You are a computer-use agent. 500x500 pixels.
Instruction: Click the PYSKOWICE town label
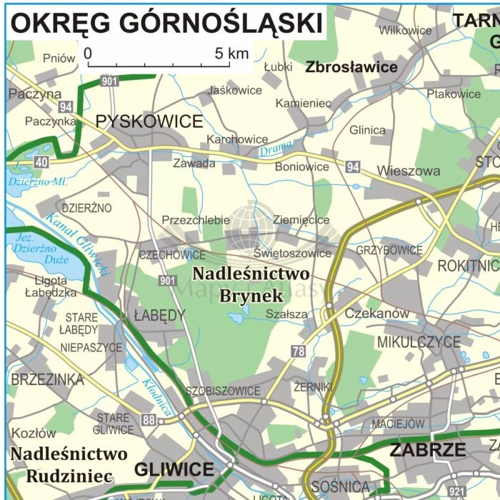click(x=149, y=121)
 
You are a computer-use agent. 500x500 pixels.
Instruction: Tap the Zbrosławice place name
click(x=351, y=68)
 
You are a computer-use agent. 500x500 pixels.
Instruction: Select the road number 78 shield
click(x=299, y=351)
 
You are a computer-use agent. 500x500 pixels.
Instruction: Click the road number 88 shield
click(x=148, y=419)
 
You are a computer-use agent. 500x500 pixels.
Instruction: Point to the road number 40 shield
click(x=41, y=162)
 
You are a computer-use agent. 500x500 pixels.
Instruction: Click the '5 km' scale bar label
click(x=231, y=54)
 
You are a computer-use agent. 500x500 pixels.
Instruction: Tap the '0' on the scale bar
click(x=88, y=54)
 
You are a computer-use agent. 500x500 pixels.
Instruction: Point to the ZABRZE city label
click(x=428, y=451)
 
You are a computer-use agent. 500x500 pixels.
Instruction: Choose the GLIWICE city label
click(x=174, y=470)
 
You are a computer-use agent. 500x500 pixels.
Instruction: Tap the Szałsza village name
click(x=286, y=314)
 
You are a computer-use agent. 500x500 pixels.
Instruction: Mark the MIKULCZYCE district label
click(x=419, y=342)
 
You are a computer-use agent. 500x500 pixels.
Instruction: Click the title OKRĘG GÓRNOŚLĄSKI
click(x=166, y=23)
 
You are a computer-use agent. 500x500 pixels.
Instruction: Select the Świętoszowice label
click(x=293, y=253)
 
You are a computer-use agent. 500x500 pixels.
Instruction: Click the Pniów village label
click(x=59, y=59)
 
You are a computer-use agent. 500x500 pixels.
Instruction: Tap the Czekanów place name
click(x=377, y=313)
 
